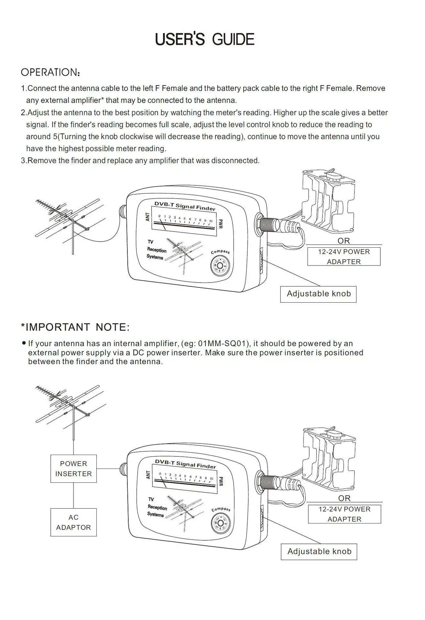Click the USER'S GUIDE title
pos(205,39)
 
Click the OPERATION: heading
pos(50,72)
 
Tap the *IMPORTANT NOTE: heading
pos(75,327)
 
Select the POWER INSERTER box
pos(73,469)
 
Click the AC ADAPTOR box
pos(73,522)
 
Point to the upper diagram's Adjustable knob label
pos(318,294)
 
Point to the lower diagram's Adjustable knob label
pos(319,551)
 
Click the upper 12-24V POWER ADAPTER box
pos(344,257)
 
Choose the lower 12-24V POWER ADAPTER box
pos(344,514)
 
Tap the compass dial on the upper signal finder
pos(220,266)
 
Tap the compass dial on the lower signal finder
pos(221,523)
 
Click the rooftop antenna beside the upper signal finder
pos(70,220)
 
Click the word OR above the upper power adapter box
pos(343,241)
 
